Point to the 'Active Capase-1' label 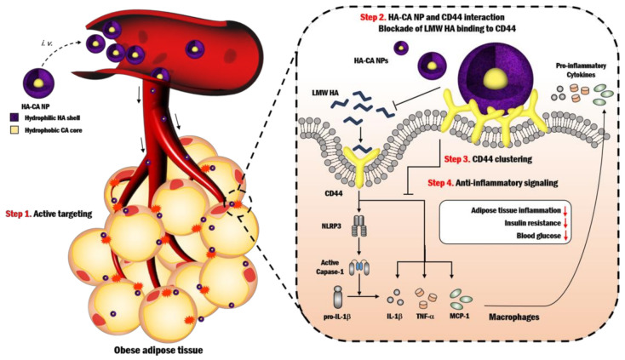click(328, 272)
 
